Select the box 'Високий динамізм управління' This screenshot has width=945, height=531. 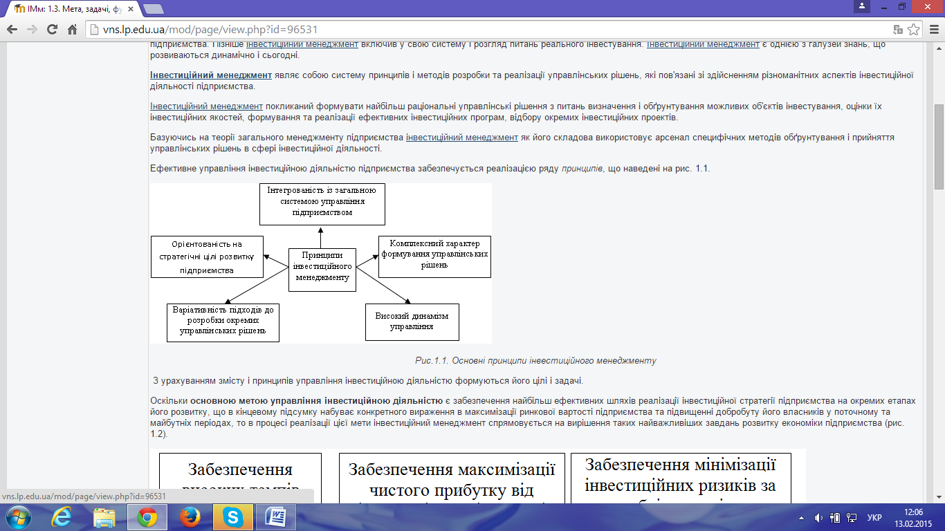(412, 322)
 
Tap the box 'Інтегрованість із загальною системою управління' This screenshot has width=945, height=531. (322, 203)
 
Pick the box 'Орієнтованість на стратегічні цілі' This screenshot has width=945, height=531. (207, 257)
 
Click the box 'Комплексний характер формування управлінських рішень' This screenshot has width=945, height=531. (434, 257)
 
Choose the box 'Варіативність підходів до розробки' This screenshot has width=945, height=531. (223, 322)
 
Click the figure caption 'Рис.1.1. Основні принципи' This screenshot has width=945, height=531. (535, 360)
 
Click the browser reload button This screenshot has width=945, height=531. (52, 30)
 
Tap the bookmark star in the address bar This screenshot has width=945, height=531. (914, 30)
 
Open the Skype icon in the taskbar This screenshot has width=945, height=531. (232, 516)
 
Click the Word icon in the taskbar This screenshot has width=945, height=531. (275, 516)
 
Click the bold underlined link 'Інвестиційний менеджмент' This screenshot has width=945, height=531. (211, 75)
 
